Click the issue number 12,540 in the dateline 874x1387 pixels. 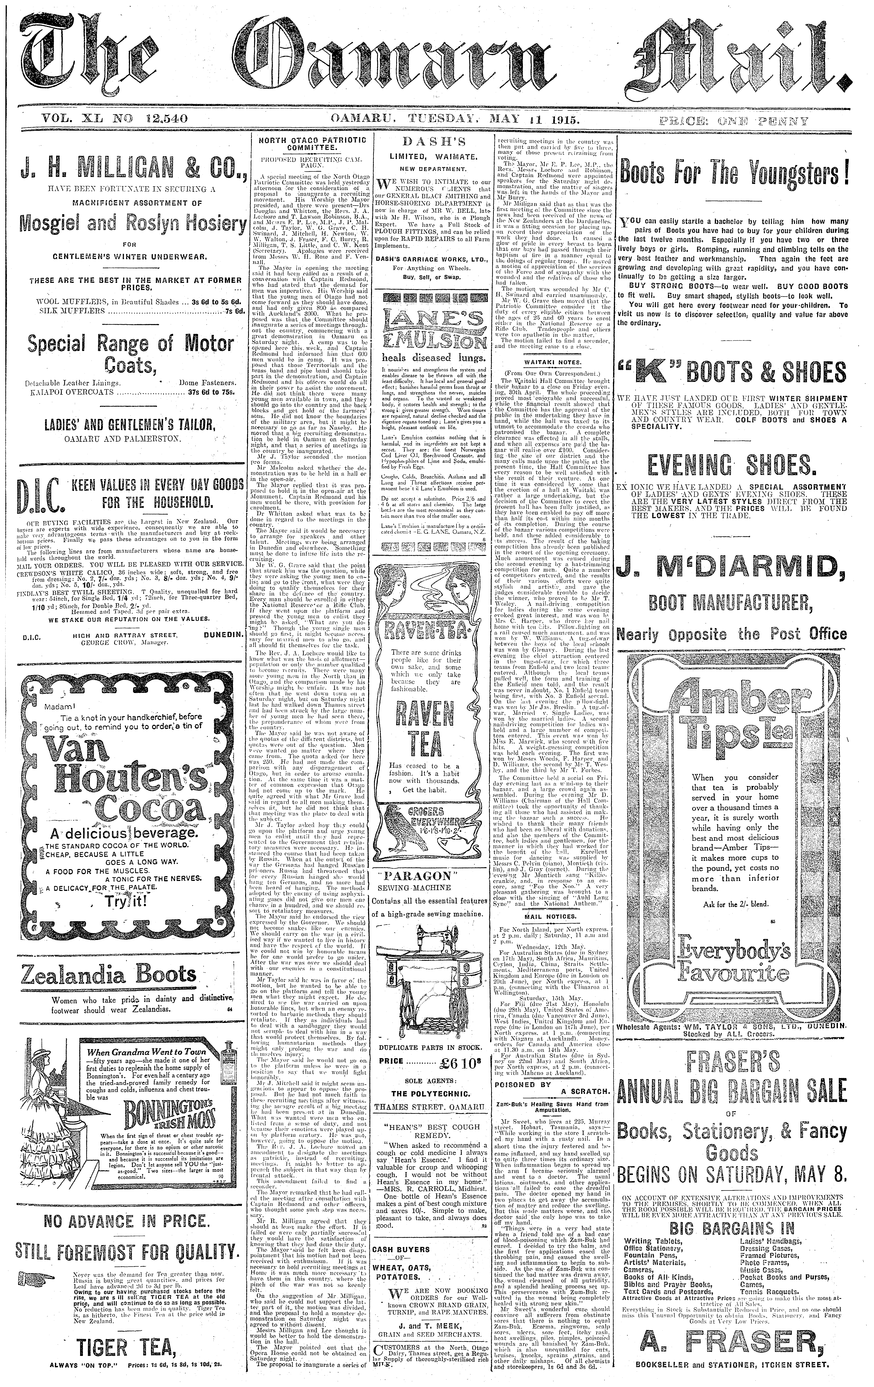coord(164,120)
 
